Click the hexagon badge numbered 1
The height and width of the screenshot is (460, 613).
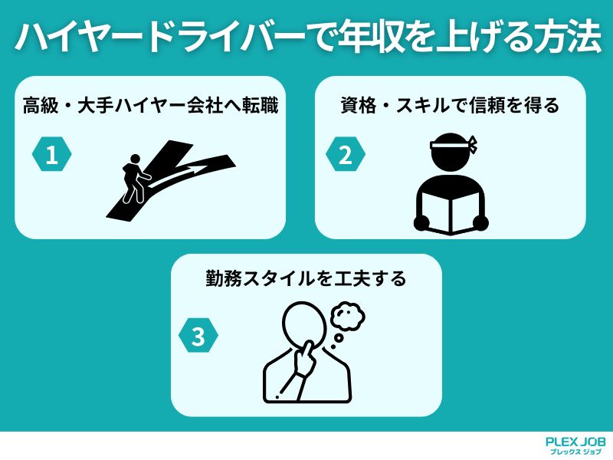[x=51, y=156]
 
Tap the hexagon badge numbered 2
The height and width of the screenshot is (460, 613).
[x=346, y=156]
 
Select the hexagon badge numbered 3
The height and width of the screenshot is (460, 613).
[x=198, y=337]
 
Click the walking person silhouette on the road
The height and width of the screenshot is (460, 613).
[x=131, y=179]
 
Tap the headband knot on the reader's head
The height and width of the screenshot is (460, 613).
[x=474, y=143]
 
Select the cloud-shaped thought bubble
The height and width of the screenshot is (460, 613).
[x=347, y=314]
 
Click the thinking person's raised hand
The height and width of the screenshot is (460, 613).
[x=309, y=360]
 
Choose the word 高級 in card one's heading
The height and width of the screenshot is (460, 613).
[x=39, y=106]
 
